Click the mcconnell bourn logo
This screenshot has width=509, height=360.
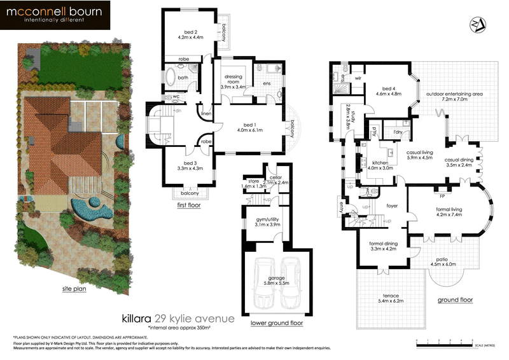tap(55, 15)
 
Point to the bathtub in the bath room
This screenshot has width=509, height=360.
tap(172, 78)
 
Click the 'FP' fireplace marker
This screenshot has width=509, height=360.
tap(441, 188)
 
